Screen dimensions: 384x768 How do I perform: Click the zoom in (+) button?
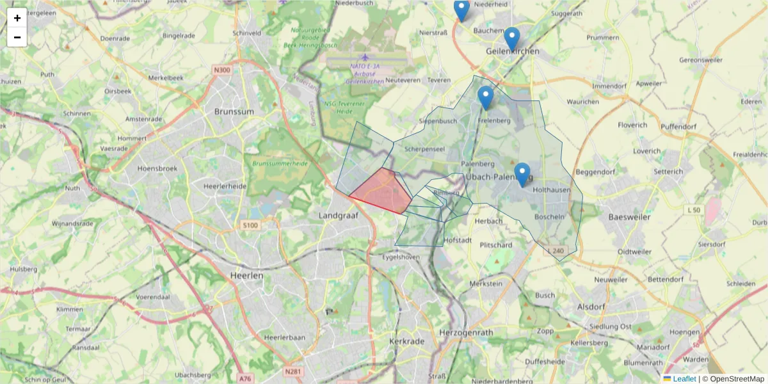[17, 18]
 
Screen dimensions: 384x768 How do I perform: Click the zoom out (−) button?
[17, 37]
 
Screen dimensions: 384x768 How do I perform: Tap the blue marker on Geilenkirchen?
[511, 39]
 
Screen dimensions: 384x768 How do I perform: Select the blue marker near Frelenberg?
[486, 97]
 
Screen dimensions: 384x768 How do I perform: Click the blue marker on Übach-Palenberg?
[522, 174]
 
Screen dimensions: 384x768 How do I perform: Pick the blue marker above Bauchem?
[461, 10]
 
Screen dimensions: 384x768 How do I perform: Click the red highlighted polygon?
[383, 191]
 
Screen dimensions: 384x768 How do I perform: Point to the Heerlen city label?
[246, 275]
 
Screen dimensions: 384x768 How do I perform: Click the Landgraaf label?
[337, 216]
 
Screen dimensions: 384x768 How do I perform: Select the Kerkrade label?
[406, 342]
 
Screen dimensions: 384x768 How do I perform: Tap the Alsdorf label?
[591, 307]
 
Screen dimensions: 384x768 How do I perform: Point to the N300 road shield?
[222, 70]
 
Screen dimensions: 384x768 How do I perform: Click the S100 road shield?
[250, 225]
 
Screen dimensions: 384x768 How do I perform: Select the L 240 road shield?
[556, 250]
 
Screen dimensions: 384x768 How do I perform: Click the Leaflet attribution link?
[684, 379]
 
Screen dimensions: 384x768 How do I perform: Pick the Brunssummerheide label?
[280, 164]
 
